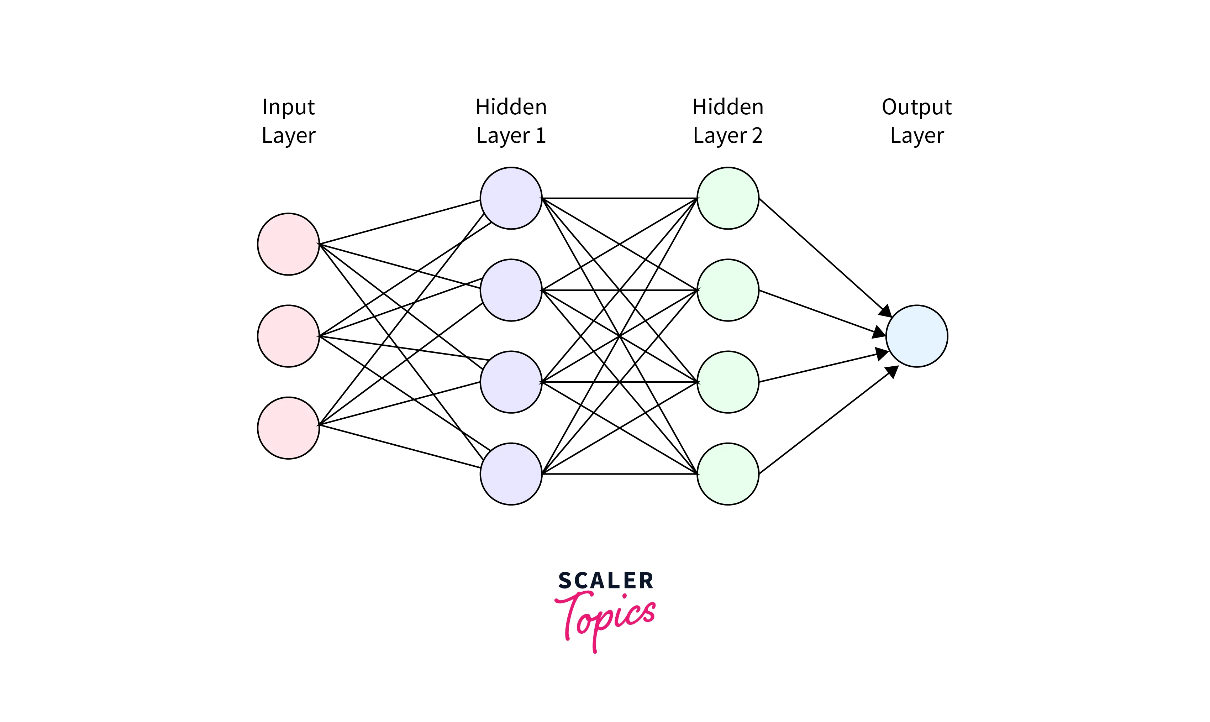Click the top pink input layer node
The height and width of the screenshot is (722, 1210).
pyautogui.click(x=288, y=244)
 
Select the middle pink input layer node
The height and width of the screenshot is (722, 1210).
pyautogui.click(x=288, y=336)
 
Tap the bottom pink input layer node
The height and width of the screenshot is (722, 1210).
pyautogui.click(x=288, y=428)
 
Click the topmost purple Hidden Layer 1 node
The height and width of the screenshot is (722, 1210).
pyautogui.click(x=511, y=198)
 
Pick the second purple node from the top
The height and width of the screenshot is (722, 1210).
pyautogui.click(x=511, y=290)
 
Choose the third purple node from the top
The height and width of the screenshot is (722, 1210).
pyautogui.click(x=511, y=382)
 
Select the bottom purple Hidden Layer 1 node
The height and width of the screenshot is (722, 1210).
pyautogui.click(x=511, y=474)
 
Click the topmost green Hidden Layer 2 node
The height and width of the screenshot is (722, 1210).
pyautogui.click(x=728, y=198)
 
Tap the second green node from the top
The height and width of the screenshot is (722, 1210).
pyautogui.click(x=728, y=290)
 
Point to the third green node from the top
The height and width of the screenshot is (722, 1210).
pyautogui.click(x=728, y=382)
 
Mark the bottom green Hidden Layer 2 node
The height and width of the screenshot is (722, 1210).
pyautogui.click(x=728, y=474)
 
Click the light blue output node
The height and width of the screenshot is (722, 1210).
pyautogui.click(x=917, y=336)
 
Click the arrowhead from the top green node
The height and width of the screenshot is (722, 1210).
pyautogui.click(x=886, y=312)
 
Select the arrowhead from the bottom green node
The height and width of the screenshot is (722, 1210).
pyautogui.click(x=893, y=372)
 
